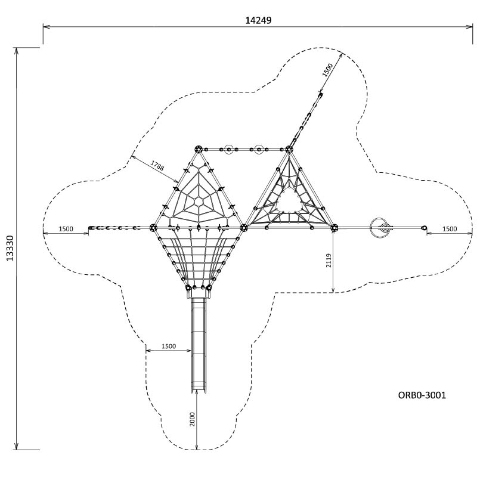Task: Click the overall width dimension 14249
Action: [x=258, y=20]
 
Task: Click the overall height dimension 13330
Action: [x=10, y=248]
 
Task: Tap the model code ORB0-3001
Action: [x=422, y=395]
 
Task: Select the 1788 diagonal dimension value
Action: [x=157, y=166]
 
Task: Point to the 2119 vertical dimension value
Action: [x=329, y=261]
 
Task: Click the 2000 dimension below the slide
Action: [x=192, y=419]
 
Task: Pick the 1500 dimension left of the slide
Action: [x=169, y=346]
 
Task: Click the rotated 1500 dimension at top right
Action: [x=327, y=70]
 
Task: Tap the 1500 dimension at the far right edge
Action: [x=450, y=229]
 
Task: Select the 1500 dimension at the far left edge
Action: [x=66, y=229]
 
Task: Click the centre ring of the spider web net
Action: [x=199, y=202]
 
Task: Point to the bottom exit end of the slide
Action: [x=199, y=391]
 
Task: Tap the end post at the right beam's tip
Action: [x=424, y=228]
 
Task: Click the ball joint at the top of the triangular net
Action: [x=289, y=149]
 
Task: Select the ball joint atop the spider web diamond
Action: [x=199, y=149]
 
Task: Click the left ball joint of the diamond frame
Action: [x=153, y=228]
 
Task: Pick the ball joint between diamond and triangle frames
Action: [x=244, y=228]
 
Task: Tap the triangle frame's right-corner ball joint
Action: [x=334, y=228]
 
